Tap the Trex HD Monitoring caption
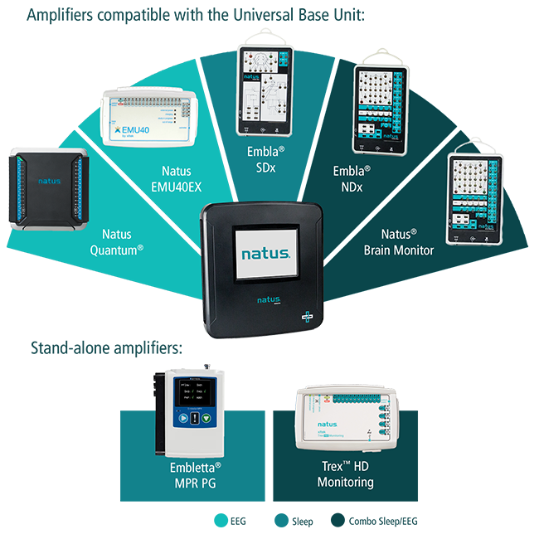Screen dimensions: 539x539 pyautogui.click(x=346, y=474)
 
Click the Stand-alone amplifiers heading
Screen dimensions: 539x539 pyautogui.click(x=106, y=347)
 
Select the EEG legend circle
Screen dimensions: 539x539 pyautogui.click(x=220, y=521)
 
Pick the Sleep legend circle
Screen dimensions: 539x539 pyautogui.click(x=281, y=521)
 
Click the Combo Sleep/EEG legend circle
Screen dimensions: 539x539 pyautogui.click(x=339, y=521)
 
